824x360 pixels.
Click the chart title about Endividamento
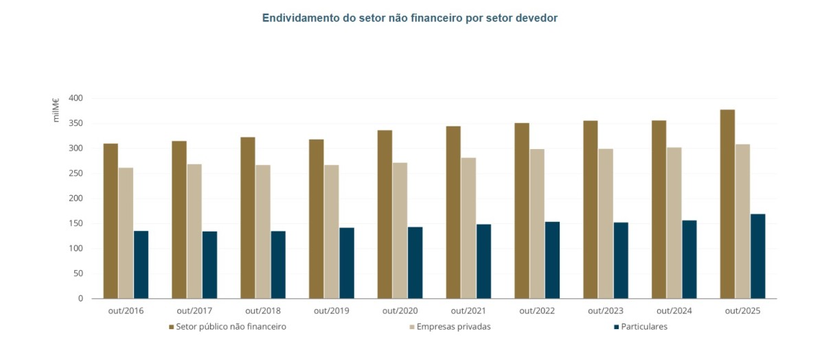[409, 18]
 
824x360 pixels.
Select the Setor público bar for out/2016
[111, 221]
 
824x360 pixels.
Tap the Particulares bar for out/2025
[757, 256]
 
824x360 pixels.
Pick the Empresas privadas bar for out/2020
[400, 230]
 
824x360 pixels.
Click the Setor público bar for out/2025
[727, 203]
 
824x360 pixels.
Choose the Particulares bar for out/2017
[209, 265]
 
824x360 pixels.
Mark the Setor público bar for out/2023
[591, 209]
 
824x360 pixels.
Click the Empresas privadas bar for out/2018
[263, 232]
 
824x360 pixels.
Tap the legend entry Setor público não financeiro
[227, 327]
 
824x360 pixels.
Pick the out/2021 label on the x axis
[468, 311]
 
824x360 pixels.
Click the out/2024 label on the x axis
[674, 311]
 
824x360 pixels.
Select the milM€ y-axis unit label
[56, 110]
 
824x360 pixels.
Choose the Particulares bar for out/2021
[483, 261]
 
